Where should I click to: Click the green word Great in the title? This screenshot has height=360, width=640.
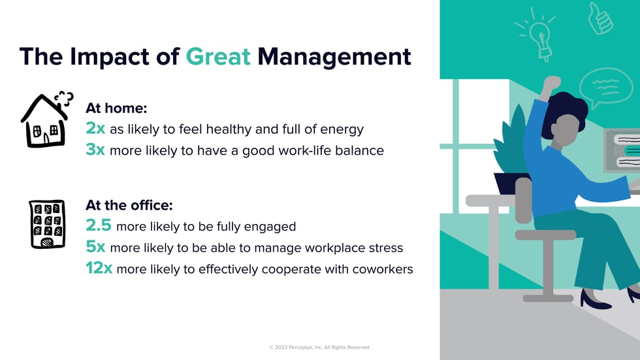point(218,56)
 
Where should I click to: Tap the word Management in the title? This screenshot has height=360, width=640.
point(334,56)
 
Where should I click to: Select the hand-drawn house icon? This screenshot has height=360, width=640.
point(46,119)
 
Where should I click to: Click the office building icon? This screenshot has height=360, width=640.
point(47,224)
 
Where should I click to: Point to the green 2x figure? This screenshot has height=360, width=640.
point(95,128)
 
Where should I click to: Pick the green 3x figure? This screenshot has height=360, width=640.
point(95,150)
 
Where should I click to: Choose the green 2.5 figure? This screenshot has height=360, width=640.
point(99,225)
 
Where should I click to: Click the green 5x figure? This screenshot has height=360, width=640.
point(95,246)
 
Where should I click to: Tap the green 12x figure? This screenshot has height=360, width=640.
point(99,268)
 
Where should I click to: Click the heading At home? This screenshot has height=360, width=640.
point(116,108)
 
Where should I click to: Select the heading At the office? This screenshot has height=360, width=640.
point(129,205)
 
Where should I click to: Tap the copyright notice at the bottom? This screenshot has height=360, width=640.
point(319,348)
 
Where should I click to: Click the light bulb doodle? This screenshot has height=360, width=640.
point(536,35)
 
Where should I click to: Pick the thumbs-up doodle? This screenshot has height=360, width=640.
point(600,18)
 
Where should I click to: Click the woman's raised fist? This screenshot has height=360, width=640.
point(552,83)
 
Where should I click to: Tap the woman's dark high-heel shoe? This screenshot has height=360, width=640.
point(595,300)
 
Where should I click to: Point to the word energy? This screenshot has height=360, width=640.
point(342,130)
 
